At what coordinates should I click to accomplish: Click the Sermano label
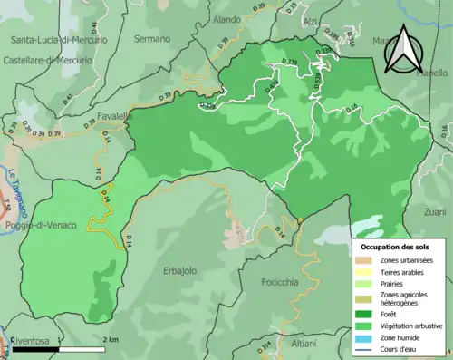click(x=152, y=39)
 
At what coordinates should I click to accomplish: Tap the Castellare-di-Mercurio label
click(x=48, y=57)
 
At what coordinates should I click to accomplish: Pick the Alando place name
click(x=226, y=19)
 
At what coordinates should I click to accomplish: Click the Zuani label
click(x=434, y=211)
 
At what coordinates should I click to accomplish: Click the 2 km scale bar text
click(x=109, y=338)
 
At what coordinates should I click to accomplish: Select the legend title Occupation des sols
click(x=398, y=246)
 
